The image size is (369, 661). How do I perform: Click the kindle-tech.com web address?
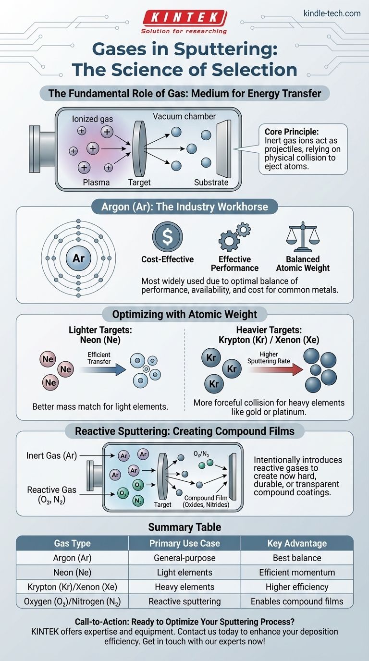pyautogui.click(x=332, y=13)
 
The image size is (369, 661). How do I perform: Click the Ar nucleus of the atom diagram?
pyautogui.click(x=78, y=258)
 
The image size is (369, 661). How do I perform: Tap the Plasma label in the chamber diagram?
pyautogui.click(x=96, y=182)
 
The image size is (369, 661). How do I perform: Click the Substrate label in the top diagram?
pyautogui.click(x=211, y=182)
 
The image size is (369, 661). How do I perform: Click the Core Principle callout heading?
pyautogui.click(x=291, y=131)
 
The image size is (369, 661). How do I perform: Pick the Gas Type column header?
pyautogui.click(x=73, y=543)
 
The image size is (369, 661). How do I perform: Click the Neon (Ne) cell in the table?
pyautogui.click(x=73, y=572)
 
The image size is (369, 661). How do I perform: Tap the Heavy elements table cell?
pyautogui.click(x=184, y=587)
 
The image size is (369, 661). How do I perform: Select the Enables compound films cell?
pyautogui.click(x=296, y=601)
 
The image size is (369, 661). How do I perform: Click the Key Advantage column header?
pyautogui.click(x=296, y=543)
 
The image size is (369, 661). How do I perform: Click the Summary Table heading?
pyautogui.click(x=184, y=527)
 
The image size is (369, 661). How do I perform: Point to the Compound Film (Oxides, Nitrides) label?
pyautogui.click(x=206, y=502)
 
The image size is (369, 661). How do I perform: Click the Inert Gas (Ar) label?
pyautogui.click(x=52, y=455)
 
